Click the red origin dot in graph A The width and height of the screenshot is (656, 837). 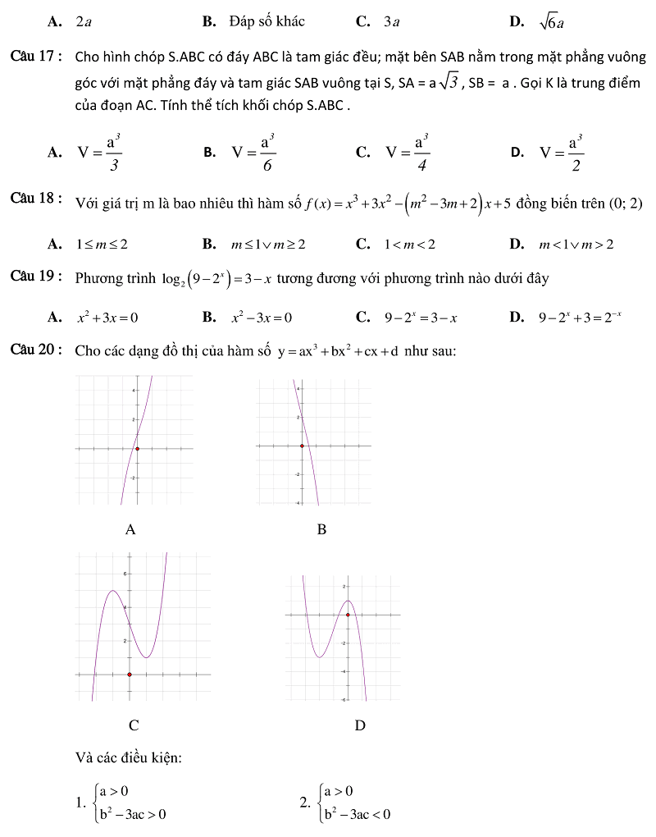pyautogui.click(x=137, y=449)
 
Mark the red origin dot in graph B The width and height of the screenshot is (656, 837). pyautogui.click(x=303, y=446)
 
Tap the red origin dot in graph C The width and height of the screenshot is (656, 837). pyautogui.click(x=129, y=675)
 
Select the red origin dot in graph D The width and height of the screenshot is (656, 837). pyautogui.click(x=348, y=614)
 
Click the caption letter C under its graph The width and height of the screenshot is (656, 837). pyautogui.click(x=134, y=725)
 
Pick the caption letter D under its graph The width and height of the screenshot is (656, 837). pyautogui.click(x=359, y=725)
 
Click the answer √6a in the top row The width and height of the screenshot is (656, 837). pyautogui.click(x=552, y=22)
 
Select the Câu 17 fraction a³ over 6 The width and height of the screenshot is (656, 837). pyautogui.click(x=266, y=151)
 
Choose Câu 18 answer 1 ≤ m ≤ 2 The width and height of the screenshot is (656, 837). pyautogui.click(x=102, y=244)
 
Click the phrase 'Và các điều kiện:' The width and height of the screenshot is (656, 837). pyautogui.click(x=129, y=758)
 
